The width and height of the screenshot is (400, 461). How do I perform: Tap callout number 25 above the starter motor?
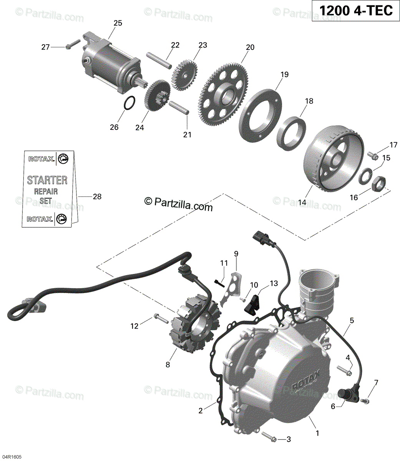point(118,23)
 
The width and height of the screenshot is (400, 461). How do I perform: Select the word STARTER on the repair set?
point(47,180)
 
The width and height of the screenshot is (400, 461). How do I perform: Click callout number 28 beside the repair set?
point(97,197)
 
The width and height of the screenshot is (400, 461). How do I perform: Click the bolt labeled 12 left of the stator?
point(160,318)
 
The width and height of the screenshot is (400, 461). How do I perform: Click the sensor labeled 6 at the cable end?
point(345,395)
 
